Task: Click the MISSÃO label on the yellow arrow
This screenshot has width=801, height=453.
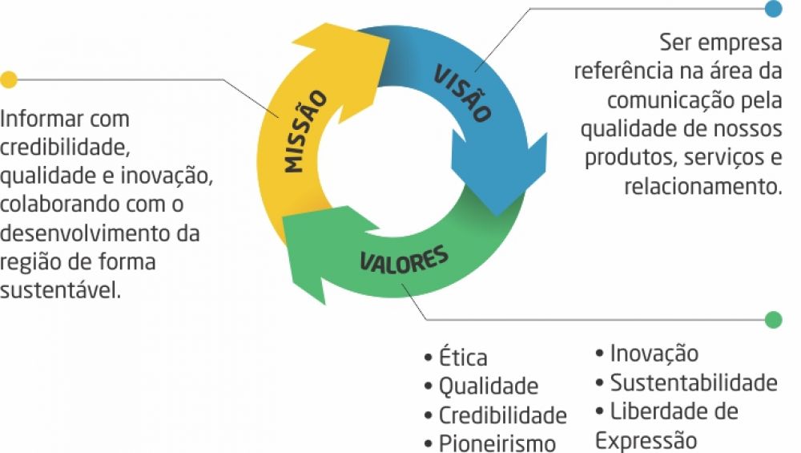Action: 306,132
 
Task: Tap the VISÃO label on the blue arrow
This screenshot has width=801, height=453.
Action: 462,92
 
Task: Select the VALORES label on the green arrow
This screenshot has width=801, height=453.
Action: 404,261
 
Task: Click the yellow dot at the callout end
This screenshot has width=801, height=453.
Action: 9,79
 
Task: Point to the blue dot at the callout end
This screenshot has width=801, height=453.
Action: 773,9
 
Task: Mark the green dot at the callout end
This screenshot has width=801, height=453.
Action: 773,319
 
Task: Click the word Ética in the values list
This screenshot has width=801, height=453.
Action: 463,358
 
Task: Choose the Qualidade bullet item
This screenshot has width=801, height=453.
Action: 488,386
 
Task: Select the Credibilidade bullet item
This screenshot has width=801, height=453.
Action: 502,415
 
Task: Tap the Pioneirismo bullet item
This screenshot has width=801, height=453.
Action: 497,443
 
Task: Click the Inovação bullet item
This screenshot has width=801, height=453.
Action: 654,353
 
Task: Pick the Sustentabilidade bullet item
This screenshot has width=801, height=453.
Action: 693,382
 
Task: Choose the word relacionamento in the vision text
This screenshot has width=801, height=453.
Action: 702,187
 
